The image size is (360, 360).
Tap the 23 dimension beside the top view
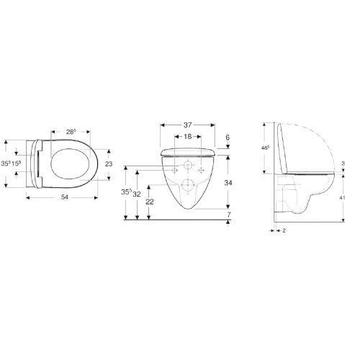[109, 164]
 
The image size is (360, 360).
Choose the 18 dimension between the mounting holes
[186, 136]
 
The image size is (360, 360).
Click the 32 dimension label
[137, 193]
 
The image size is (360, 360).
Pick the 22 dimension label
[150, 203]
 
